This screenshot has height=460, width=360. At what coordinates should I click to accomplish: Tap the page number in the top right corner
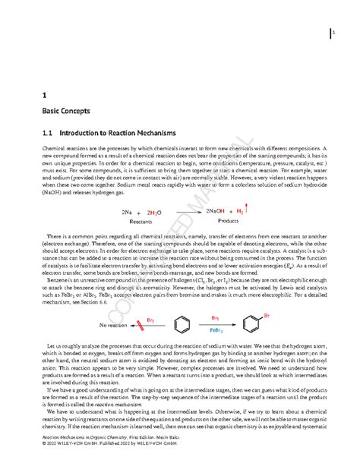pyautogui.click(x=333, y=32)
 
